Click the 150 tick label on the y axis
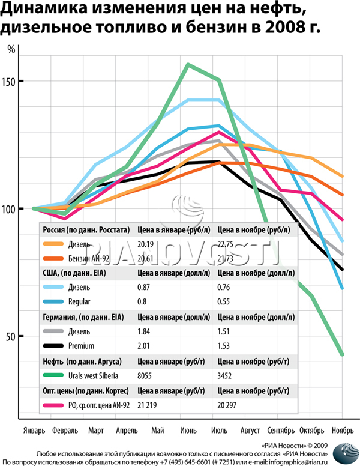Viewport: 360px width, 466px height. coord(9,82)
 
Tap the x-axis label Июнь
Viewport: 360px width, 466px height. coord(189,431)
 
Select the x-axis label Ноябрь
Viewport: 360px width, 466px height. coord(342,431)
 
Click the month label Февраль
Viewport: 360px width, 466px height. coord(65,431)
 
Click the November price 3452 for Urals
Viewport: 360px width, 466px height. coord(226,375)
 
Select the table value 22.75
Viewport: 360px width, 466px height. coord(227,244)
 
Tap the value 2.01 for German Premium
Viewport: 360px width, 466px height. coord(145,345)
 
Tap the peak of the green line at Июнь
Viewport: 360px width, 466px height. coord(189,64)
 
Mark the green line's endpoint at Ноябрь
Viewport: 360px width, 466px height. coord(342,354)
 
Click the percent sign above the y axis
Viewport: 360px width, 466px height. coord(11,50)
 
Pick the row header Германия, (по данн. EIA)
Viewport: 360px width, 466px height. coord(81,317)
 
